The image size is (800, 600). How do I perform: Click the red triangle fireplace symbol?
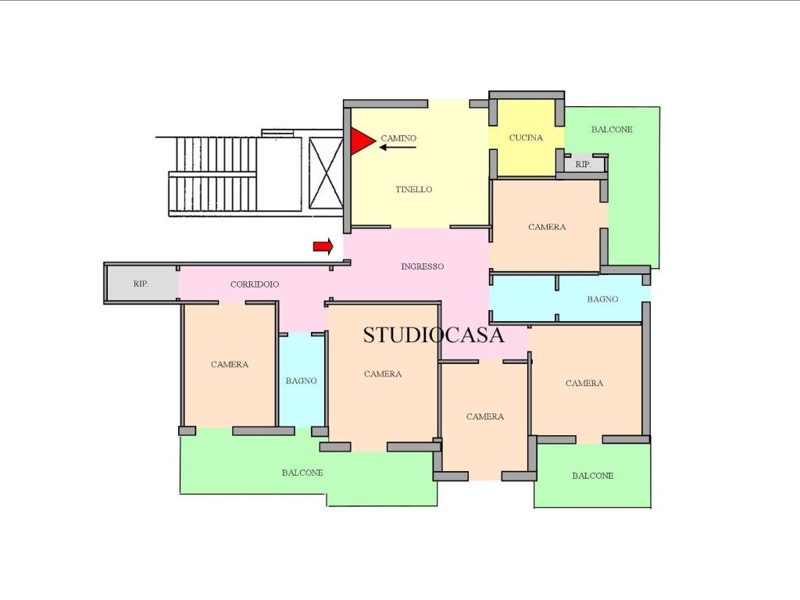(x=361, y=141)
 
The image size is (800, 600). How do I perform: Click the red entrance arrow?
(x=323, y=246)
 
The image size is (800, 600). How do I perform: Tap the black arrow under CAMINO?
(x=398, y=148)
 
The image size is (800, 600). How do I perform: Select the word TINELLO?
(x=414, y=189)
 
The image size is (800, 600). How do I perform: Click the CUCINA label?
(x=526, y=137)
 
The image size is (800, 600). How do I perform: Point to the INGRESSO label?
(x=423, y=266)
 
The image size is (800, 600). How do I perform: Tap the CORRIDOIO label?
(x=255, y=284)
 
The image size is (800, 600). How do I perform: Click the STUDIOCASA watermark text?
(x=434, y=334)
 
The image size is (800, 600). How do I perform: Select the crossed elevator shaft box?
(x=326, y=173)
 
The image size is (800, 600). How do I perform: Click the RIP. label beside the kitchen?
(x=583, y=164)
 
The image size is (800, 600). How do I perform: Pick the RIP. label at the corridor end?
(x=141, y=284)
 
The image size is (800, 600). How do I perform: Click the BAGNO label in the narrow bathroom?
(x=301, y=380)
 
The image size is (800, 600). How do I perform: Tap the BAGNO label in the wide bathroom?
(x=602, y=299)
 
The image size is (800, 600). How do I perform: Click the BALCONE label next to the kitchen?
(x=612, y=130)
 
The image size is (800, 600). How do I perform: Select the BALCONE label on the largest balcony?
(x=302, y=473)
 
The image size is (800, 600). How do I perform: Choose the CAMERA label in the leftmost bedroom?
(x=230, y=364)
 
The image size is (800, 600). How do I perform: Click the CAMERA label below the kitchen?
(x=547, y=227)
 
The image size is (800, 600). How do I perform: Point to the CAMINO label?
(x=398, y=137)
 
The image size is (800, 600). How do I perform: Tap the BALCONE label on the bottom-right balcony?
(x=592, y=476)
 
